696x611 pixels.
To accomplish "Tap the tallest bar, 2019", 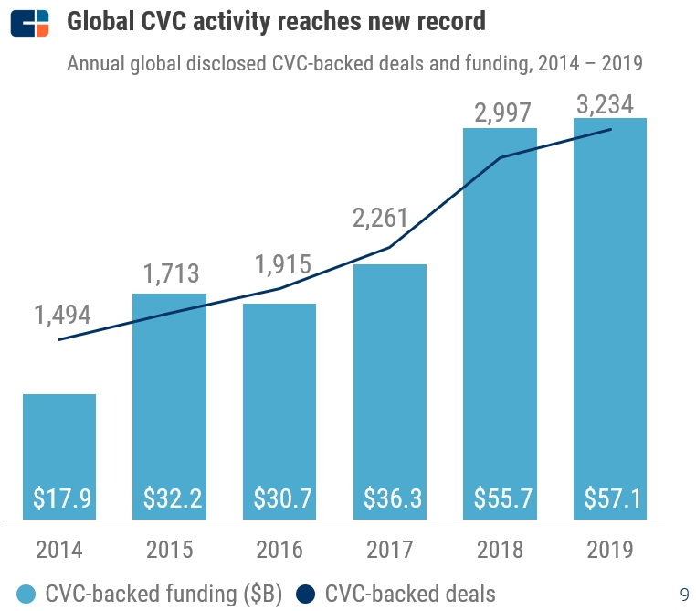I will click(x=610, y=302).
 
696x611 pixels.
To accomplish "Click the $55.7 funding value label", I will click(x=501, y=498).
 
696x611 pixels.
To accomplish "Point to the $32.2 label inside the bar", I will click(x=170, y=498).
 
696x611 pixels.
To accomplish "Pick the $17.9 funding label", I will click(x=59, y=498).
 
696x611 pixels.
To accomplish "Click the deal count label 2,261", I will click(x=381, y=219).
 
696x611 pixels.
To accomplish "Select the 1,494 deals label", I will click(x=63, y=315).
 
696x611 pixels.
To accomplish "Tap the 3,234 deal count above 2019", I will click(x=605, y=104).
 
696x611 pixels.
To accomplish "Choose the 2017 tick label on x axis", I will click(x=390, y=550).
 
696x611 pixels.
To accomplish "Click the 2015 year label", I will click(x=170, y=550).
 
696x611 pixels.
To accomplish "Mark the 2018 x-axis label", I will click(x=501, y=550).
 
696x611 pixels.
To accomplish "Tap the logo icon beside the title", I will click(x=30, y=22).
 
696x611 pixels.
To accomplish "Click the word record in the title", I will click(x=448, y=21).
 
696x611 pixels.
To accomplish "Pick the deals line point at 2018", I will click(x=501, y=157).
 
